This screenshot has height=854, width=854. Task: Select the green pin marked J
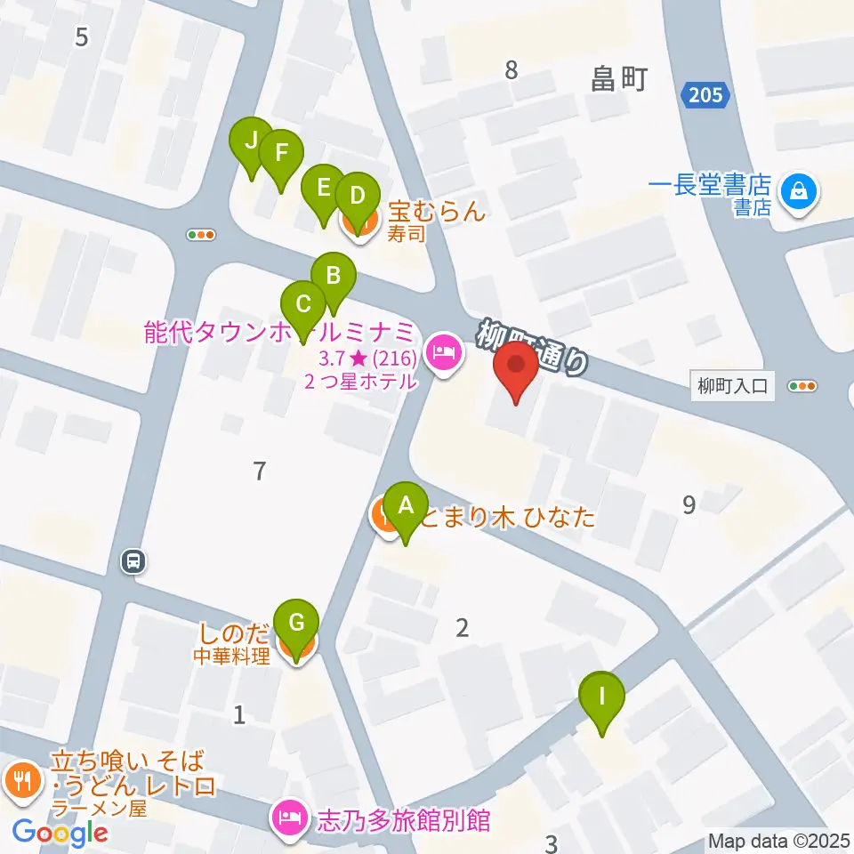(251, 141)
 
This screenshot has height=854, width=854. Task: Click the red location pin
(515, 366)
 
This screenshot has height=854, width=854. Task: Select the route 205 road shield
(707, 95)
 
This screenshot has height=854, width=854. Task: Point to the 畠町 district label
(619, 80)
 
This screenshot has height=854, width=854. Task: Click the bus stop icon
(133, 561)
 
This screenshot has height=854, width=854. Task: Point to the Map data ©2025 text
(778, 841)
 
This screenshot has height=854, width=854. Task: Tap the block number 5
(83, 37)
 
